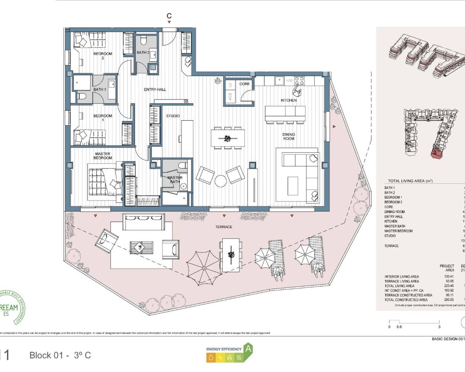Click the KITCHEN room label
(289, 100)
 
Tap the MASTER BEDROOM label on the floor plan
(103, 156)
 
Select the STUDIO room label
(173, 116)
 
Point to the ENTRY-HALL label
(155, 89)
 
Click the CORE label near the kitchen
(244, 84)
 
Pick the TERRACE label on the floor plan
(223, 227)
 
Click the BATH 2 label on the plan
(143, 52)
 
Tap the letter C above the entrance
(169, 16)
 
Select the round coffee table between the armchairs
(221, 181)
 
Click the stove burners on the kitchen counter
(299, 80)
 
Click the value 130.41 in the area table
(449, 276)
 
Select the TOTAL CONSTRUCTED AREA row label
(406, 300)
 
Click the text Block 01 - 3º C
(60, 355)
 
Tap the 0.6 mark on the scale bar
(399, 327)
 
